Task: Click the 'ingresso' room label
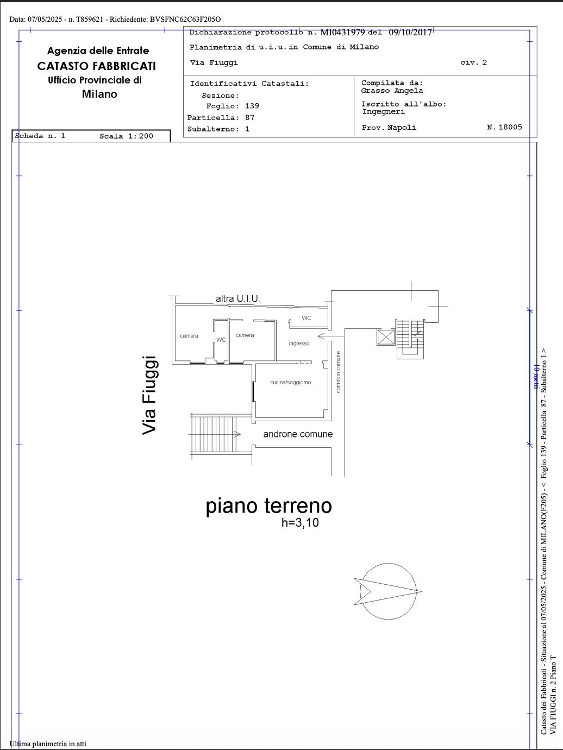coord(299,343)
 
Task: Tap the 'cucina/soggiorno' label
coord(290,383)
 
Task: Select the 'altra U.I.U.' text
coord(238,298)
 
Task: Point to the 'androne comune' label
coord(298,434)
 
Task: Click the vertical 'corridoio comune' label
coord(338,372)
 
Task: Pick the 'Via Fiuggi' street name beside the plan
coord(149,395)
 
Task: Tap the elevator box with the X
coord(386,337)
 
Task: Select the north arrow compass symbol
coord(388,591)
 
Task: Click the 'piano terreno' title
coord(268,505)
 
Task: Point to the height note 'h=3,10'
coord(300,523)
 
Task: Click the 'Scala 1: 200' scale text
coord(127,136)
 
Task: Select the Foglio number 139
coord(252,106)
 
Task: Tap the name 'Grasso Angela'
coord(392,91)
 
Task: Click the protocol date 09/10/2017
coord(410,32)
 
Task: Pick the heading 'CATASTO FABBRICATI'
coord(96,66)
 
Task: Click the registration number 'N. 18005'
coord(504,127)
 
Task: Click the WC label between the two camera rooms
coord(221,340)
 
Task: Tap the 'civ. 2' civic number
coord(473,62)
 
